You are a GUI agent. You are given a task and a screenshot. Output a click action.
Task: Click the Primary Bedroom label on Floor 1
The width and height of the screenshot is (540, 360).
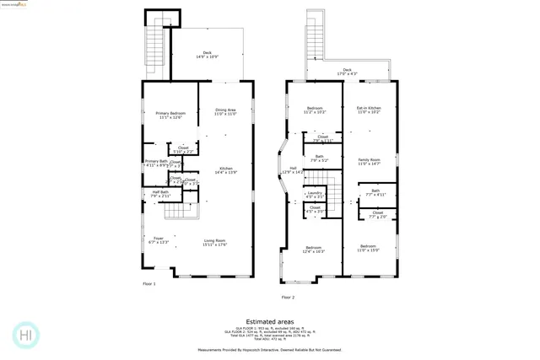coord(170,115)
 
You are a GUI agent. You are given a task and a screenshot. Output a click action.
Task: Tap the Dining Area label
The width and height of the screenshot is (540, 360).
coord(225,111)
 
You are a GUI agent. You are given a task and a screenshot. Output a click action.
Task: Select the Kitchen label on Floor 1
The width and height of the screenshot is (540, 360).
coord(226,170)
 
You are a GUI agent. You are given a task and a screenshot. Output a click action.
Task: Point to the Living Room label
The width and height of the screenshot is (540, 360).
coord(215,243)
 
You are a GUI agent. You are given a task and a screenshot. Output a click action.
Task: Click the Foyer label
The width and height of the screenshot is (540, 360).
coord(158,240)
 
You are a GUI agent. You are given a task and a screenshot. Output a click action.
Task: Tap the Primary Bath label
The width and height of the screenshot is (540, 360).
coord(156,163)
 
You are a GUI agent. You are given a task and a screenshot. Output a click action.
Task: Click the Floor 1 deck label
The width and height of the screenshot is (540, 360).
coord(207,54)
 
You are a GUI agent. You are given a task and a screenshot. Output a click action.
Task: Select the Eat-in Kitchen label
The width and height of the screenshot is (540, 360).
coord(369,110)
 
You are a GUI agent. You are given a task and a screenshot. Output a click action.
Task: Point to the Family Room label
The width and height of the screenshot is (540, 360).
coord(369,161)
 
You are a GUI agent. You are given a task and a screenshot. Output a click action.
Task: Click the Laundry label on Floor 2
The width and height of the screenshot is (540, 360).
coord(314,194)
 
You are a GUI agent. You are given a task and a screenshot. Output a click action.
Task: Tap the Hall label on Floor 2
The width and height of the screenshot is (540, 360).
coord(293,169)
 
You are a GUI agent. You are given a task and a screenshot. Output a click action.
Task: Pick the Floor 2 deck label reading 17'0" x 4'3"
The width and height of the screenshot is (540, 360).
coord(347,72)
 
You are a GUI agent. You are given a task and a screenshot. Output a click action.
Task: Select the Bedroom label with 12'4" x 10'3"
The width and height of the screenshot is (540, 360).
coord(314,249)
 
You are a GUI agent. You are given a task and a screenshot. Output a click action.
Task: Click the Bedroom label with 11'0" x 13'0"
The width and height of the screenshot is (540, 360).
coord(369,249)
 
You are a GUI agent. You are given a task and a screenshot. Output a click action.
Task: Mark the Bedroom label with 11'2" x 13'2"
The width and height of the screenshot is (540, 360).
coord(315,110)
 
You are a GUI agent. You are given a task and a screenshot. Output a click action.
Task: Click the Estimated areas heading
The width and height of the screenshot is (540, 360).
coord(270,321)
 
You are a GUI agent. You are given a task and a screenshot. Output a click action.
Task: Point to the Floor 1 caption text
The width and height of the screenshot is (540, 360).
coord(148,284)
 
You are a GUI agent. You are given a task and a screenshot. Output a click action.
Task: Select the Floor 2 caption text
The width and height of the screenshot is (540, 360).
coord(288,297)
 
